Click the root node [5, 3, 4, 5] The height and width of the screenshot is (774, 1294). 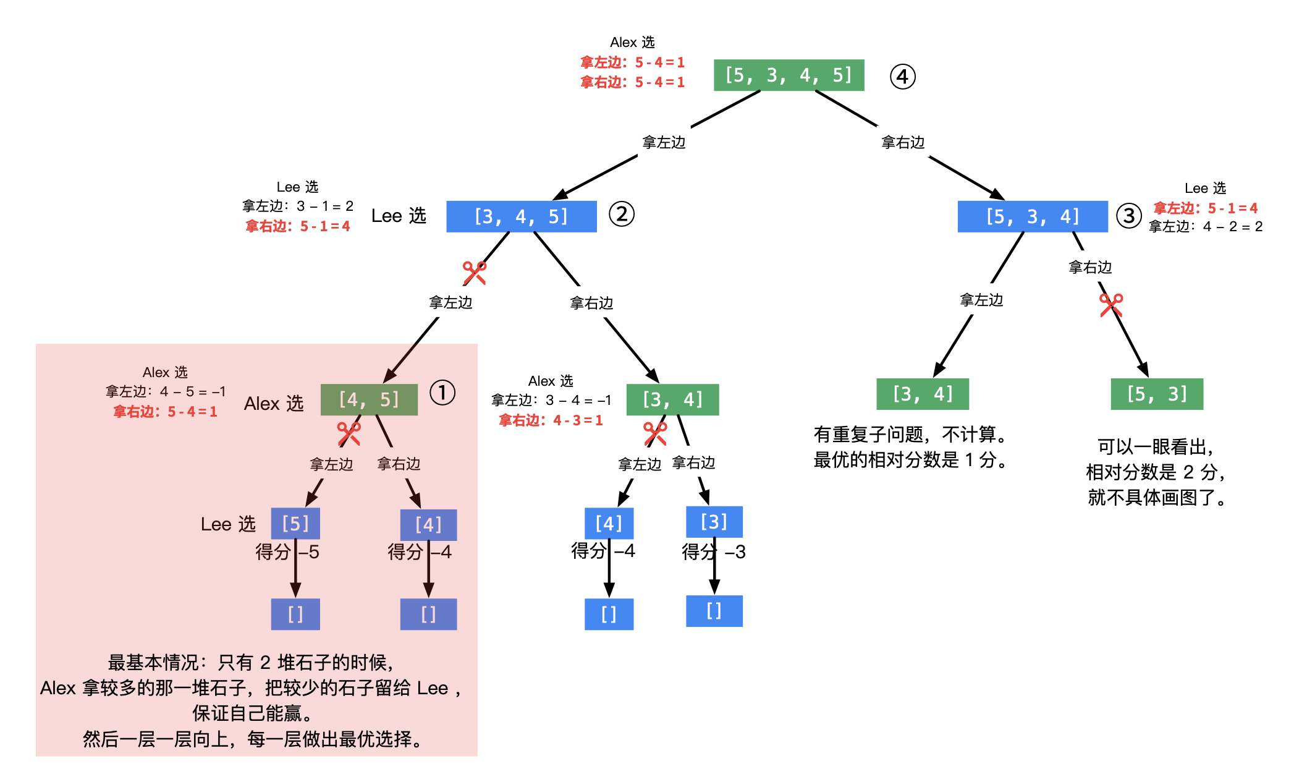coord(789,75)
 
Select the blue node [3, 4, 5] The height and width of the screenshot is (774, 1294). coord(521,216)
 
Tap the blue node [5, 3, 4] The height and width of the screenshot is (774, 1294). coord(1032,216)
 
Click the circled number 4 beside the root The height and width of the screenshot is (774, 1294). coord(902,77)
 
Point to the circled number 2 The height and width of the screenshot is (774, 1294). coord(621,214)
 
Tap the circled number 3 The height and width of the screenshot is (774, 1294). coord(1128,216)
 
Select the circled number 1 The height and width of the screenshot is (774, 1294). coord(442,393)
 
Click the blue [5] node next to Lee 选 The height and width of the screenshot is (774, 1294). coord(295,524)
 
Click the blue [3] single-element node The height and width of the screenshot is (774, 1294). coord(714,522)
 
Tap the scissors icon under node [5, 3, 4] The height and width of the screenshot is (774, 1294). coord(1110,305)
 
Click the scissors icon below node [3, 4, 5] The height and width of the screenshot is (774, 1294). coord(474,273)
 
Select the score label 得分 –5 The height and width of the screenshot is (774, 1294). coord(287,551)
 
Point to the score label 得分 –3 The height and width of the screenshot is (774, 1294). coord(713,551)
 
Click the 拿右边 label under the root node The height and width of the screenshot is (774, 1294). coord(902,143)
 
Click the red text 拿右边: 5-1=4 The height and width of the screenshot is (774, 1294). coord(298,226)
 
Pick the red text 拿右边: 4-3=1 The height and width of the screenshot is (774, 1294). coord(551,420)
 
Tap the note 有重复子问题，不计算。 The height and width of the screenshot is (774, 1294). coord(910,435)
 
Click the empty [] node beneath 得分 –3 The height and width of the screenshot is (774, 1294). coord(714,611)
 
